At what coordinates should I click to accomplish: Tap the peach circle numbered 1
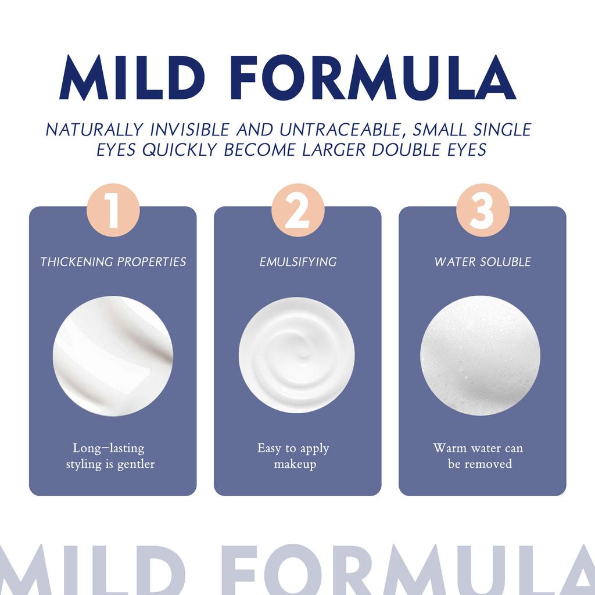click(113, 210)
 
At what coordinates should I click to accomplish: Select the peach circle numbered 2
click(297, 210)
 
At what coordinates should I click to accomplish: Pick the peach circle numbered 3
click(482, 210)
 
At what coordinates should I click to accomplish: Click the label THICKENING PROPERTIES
click(113, 262)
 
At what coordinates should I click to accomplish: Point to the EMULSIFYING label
click(297, 262)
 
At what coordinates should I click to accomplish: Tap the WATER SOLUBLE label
click(482, 262)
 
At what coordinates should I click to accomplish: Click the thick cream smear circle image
click(113, 356)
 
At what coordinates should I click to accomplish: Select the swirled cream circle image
click(296, 356)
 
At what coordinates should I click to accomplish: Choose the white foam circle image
click(480, 356)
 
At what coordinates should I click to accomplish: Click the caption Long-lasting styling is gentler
click(110, 456)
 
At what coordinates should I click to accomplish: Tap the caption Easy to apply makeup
click(294, 456)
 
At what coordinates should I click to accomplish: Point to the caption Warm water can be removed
click(479, 456)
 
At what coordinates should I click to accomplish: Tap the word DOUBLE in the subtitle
click(412, 150)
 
